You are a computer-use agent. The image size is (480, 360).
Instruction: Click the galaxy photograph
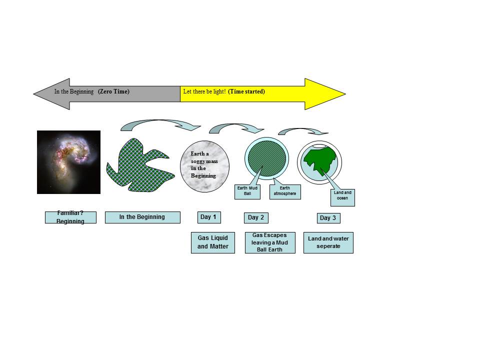point(68,162)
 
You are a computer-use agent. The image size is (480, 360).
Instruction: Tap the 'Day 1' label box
point(208,217)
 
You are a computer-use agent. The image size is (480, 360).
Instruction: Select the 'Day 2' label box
point(256,217)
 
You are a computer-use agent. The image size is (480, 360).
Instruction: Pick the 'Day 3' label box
point(328,218)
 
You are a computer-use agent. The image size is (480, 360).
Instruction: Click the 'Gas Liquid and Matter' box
point(212,242)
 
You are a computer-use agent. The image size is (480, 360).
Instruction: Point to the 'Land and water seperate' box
point(328,242)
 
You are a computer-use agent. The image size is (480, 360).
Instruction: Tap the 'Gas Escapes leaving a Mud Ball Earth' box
point(269,242)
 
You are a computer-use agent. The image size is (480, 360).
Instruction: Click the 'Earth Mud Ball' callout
point(247,191)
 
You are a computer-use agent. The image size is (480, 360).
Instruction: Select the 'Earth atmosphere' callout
point(285,191)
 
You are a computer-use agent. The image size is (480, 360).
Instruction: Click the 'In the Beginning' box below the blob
point(142,217)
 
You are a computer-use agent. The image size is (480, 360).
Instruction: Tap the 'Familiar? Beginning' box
point(70,217)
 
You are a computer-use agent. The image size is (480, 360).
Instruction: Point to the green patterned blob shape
point(135,165)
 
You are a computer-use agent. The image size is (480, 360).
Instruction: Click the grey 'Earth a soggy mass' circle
point(204,167)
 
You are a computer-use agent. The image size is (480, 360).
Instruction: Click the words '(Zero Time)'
point(114,92)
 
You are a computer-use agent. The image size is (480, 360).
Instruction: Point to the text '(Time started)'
point(246,92)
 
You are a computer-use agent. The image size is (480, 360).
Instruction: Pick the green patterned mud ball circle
point(267,158)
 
